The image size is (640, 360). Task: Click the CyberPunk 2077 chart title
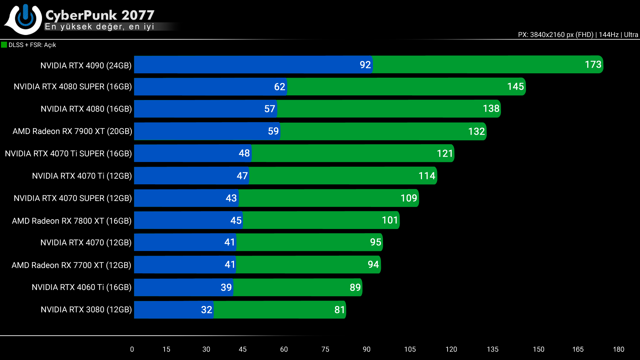pos(100,15)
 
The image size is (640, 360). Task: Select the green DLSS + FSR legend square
pos(4,45)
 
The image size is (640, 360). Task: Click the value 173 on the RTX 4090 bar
pos(593,64)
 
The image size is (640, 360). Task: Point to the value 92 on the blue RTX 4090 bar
pos(365,65)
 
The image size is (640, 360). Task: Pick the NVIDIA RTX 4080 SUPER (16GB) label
pos(73,87)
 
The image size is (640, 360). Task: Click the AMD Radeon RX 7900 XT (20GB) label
pos(72,131)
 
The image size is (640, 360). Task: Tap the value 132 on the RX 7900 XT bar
pos(476,131)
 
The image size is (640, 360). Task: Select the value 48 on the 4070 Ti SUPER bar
pos(244,153)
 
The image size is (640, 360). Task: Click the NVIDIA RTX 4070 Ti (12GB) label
pos(82,176)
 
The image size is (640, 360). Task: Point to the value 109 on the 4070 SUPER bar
pos(409,198)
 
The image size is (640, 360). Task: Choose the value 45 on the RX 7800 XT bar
pos(236,220)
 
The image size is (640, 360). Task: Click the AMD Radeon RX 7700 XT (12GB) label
pos(71,265)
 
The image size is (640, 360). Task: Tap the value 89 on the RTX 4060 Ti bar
pos(355,287)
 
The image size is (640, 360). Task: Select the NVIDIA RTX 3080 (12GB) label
pos(86,310)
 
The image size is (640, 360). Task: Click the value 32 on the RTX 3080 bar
pos(207,310)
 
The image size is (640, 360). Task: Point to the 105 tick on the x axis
pos(410,349)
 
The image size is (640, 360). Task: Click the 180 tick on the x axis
pos(618,349)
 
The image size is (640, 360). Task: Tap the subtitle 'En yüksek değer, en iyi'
pos(99,27)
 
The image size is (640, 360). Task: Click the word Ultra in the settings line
pos(631,35)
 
